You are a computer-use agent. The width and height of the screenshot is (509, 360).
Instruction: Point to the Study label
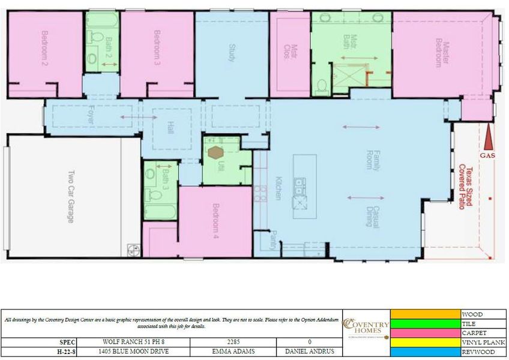(232, 52)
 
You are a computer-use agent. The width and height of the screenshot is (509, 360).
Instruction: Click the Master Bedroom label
(442, 53)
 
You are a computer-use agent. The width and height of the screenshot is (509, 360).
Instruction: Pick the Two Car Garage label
(70, 197)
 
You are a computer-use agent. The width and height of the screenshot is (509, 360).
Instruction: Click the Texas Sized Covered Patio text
(466, 187)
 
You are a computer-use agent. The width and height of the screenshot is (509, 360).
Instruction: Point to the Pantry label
(273, 240)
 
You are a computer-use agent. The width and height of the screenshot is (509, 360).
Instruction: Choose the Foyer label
(91, 115)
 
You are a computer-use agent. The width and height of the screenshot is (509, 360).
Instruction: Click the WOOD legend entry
(471, 314)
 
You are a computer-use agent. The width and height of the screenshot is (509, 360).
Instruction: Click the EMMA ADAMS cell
(233, 352)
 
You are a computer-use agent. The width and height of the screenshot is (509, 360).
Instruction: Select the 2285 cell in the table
(233, 342)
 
